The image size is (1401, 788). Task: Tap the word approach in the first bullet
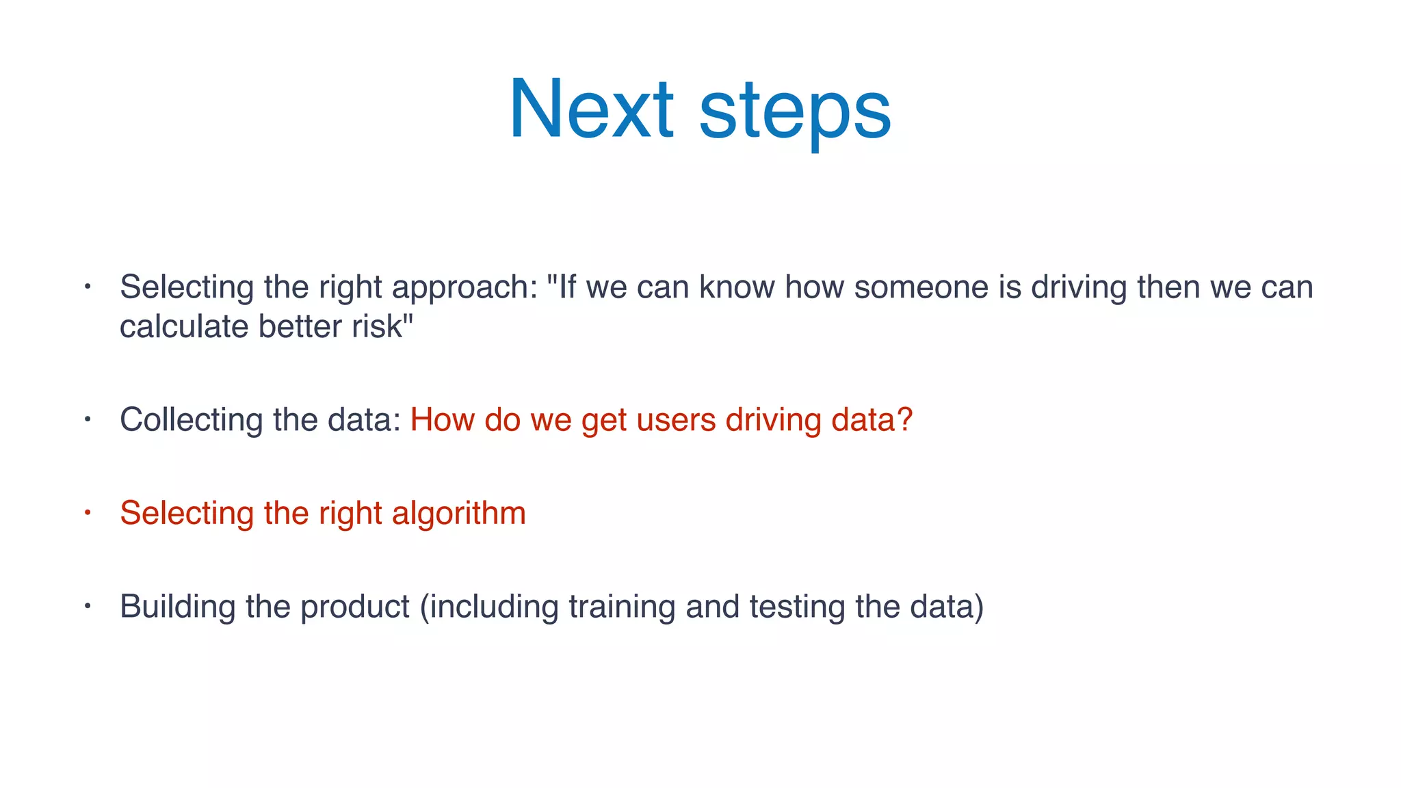click(464, 288)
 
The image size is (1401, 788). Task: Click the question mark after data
click(905, 419)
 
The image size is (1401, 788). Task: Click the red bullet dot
click(88, 512)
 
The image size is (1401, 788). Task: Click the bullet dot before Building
click(88, 605)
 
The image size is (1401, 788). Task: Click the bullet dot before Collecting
click(88, 419)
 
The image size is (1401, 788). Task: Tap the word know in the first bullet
click(737, 287)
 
